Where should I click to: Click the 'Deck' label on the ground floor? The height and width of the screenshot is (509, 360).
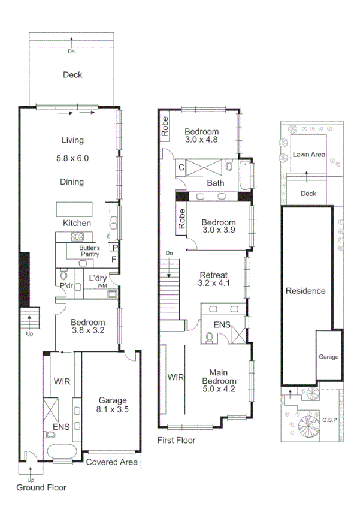[x=72, y=75]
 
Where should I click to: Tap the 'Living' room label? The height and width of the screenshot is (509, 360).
[x=72, y=140]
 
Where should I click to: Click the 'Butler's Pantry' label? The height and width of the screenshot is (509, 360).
[x=90, y=251]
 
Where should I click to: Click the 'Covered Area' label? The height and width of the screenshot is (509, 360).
[x=112, y=462]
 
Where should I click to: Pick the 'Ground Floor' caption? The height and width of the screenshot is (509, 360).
[x=41, y=487]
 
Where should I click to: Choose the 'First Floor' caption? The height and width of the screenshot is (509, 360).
[x=176, y=440]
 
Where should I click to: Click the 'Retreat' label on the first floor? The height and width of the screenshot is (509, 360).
[x=213, y=276]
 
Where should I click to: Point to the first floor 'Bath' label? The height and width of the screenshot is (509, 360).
[x=215, y=183]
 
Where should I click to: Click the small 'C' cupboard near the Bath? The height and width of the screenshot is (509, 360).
[x=181, y=167]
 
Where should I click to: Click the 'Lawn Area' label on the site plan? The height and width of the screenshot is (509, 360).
[x=309, y=155]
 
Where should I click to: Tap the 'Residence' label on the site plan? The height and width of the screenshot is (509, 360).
[x=305, y=291]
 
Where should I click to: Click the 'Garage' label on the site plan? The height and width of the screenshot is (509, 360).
[x=328, y=357]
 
